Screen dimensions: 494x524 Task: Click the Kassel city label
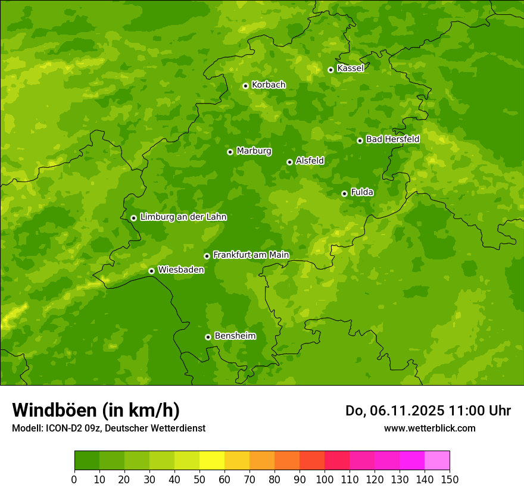(x=350, y=68)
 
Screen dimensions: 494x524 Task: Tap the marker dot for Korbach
(x=245, y=86)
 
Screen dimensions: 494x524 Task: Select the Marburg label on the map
(x=254, y=151)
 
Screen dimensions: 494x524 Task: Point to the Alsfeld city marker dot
(x=289, y=162)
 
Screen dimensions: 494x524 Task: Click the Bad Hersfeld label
(x=392, y=139)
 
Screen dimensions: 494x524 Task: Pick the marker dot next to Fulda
(x=344, y=193)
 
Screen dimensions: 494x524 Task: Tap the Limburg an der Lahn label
(x=183, y=217)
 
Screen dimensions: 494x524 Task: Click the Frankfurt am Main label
(x=251, y=255)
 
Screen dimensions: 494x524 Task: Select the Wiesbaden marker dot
(x=151, y=271)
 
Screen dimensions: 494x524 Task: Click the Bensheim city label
(x=235, y=336)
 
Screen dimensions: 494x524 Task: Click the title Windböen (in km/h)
(x=96, y=410)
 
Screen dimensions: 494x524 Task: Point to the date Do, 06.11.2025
(x=395, y=411)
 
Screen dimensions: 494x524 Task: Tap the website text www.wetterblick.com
(x=429, y=428)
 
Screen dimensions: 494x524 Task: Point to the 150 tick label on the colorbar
(x=450, y=479)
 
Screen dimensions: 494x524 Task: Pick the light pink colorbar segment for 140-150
(x=437, y=461)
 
